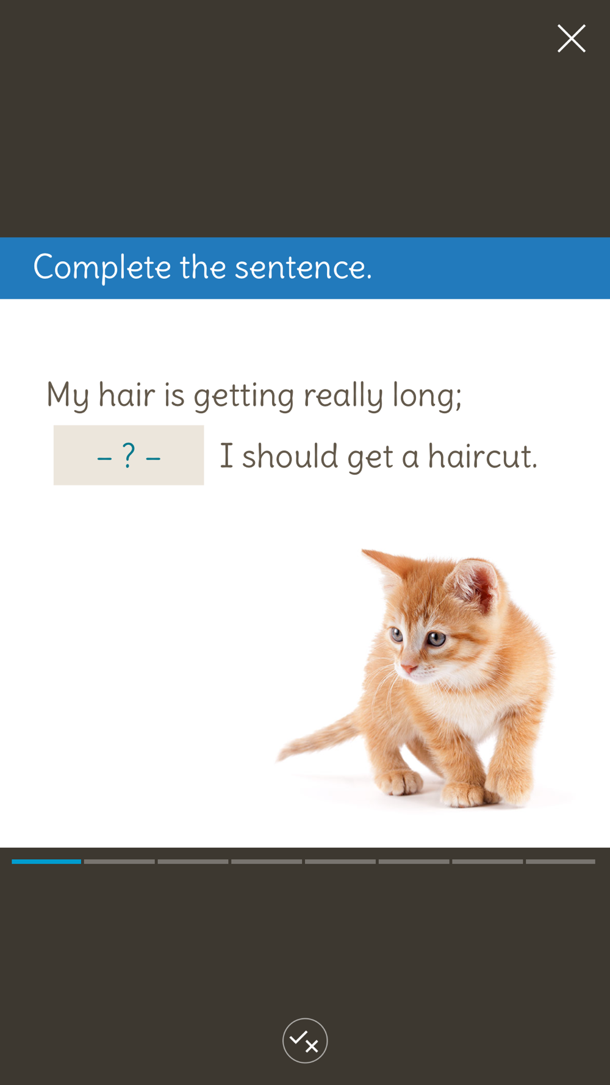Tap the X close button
[572, 38]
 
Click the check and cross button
[305, 1040]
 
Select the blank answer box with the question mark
[129, 455]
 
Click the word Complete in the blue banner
[102, 268]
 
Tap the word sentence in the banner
[303, 268]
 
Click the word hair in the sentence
[127, 394]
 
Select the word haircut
[483, 456]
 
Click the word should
[290, 456]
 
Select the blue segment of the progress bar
[46, 862]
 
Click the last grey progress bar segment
[561, 862]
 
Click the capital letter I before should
[226, 456]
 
